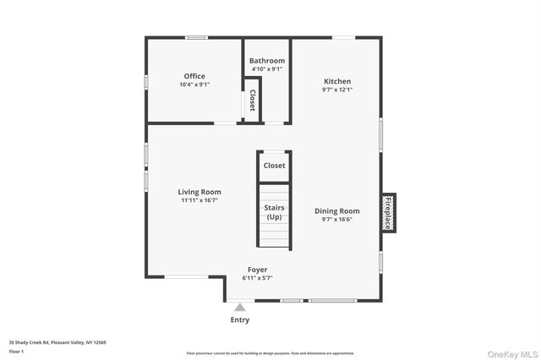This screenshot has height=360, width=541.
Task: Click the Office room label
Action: pos(194,76)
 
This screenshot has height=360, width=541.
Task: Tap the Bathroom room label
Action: pos(267,61)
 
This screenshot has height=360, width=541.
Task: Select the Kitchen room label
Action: pos(337,81)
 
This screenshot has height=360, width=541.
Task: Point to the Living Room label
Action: pos(199,192)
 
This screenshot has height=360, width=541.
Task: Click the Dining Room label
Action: pos(337,210)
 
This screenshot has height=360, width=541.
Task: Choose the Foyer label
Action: pos(258,270)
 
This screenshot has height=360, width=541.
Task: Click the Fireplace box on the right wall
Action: pos(388,213)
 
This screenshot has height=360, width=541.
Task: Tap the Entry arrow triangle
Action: pos(240,308)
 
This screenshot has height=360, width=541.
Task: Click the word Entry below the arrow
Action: pos(240,320)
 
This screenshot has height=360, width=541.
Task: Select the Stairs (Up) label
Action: pos(275,212)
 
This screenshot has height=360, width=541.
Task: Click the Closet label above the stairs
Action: pos(274,166)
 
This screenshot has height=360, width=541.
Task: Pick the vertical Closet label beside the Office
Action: pos(252,101)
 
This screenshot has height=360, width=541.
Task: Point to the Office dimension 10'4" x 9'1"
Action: pos(194,85)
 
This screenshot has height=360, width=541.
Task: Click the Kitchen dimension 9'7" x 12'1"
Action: pos(337,89)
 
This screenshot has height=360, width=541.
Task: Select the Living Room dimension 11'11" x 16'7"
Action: pos(199,200)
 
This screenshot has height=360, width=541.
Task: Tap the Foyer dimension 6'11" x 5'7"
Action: pos(258,277)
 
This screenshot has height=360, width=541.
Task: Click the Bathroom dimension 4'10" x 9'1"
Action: pos(267,69)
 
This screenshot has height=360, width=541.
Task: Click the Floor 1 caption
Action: pos(17,351)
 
